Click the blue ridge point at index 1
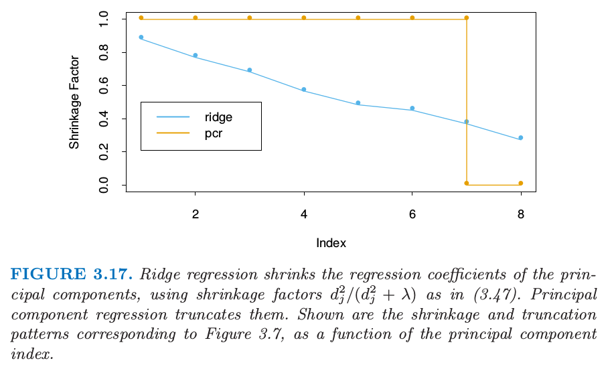[141, 38]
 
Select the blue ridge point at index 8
[520, 138]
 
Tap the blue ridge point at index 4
[303, 89]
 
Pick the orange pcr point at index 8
[520, 183]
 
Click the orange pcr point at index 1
[141, 17]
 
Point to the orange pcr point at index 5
[358, 17]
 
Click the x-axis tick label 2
[195, 215]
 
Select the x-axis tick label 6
[412, 215]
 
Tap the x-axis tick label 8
[520, 215]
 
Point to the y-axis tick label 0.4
[104, 119]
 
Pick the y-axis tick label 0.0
[104, 185]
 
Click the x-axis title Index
[331, 243]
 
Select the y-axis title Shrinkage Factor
[74, 102]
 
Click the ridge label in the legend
[218, 117]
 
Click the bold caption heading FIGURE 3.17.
[72, 275]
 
